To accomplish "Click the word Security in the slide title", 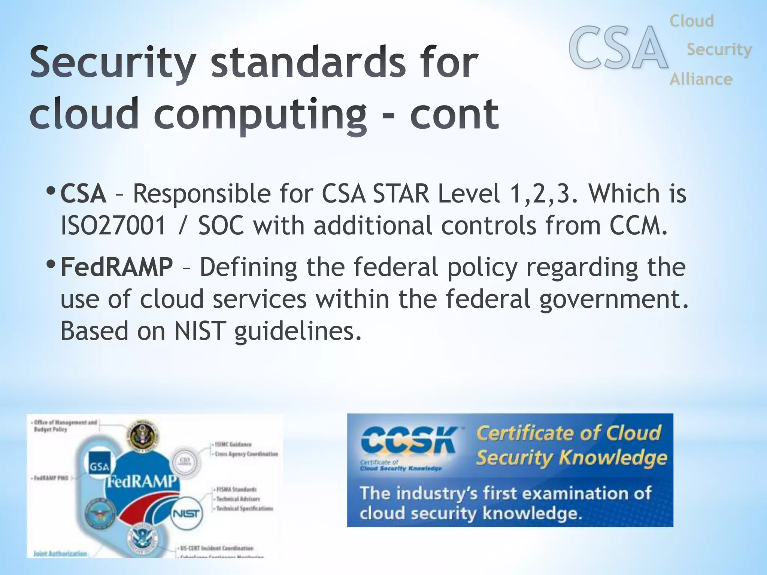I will click(x=113, y=63).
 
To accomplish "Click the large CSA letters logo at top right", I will click(x=618, y=48).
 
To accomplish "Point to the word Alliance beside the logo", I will click(x=701, y=79).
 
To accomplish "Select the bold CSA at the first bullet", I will click(x=83, y=194).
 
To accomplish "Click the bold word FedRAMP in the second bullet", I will click(x=116, y=267).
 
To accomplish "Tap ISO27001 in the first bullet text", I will click(x=113, y=226).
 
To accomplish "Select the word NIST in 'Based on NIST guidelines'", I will click(x=200, y=331).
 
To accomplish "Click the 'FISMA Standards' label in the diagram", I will click(x=236, y=489).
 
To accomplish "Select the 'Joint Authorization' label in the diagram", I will click(x=60, y=553).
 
